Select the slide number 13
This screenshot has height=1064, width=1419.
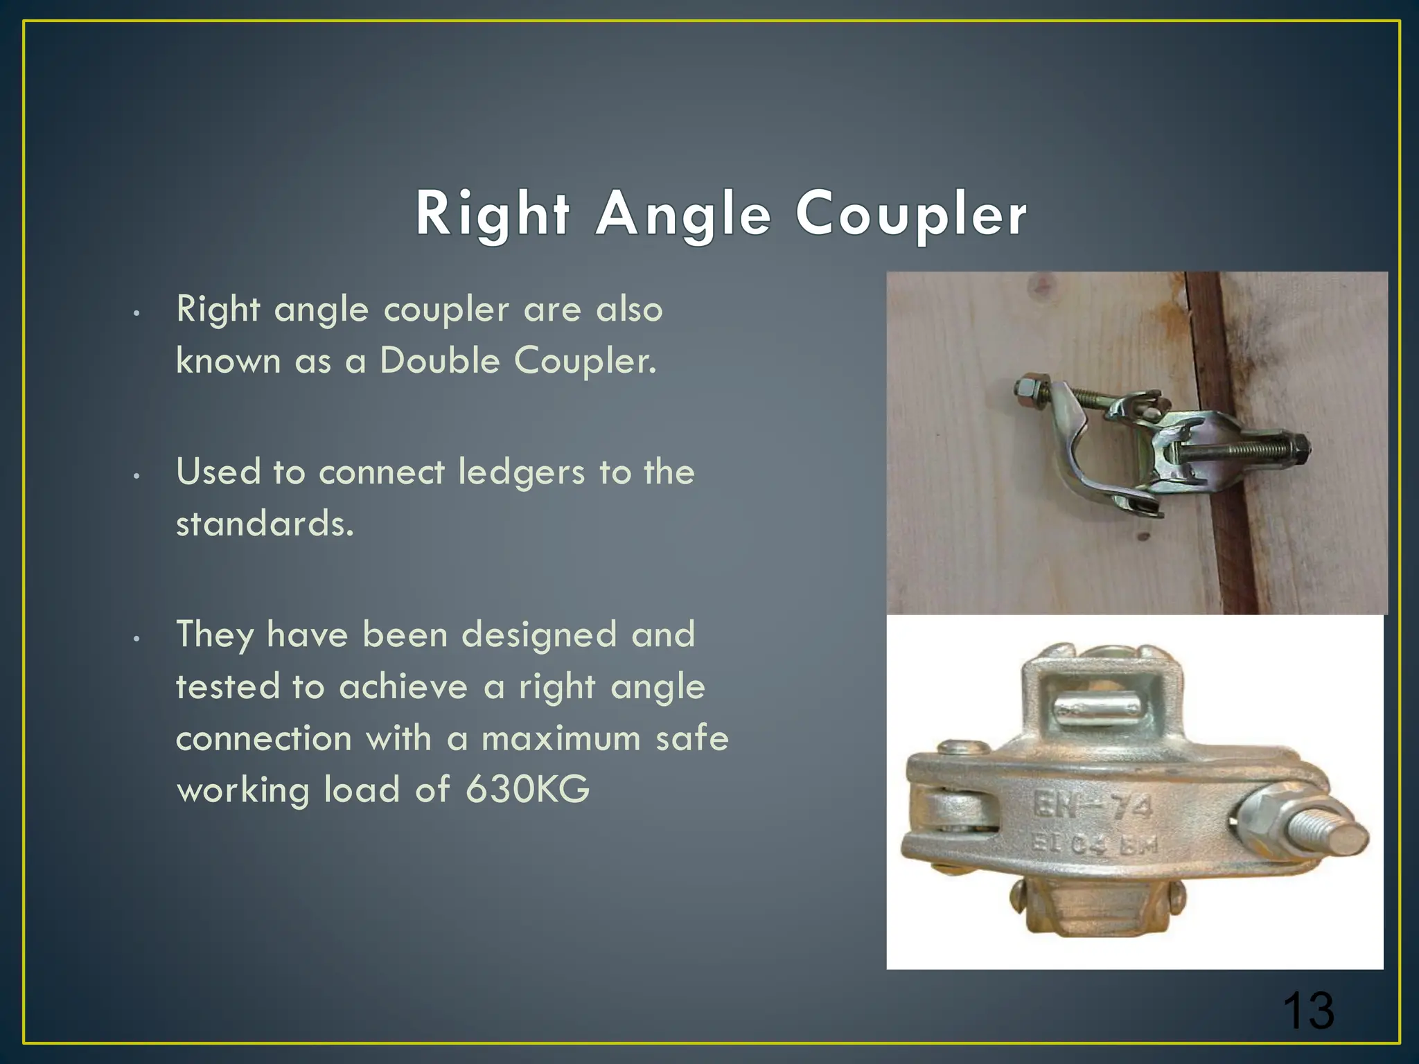1307,1011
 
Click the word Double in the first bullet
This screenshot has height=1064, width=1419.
439,361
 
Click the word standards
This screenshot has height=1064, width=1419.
265,524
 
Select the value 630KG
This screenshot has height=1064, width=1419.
527,790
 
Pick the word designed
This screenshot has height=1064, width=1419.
539,635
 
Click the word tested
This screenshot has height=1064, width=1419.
227,687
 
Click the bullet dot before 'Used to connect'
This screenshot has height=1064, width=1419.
137,476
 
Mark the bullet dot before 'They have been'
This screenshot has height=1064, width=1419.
137,639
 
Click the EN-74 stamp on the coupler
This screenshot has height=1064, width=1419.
1093,806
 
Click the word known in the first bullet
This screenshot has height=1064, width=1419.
228,361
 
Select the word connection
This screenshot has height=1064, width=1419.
263,738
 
